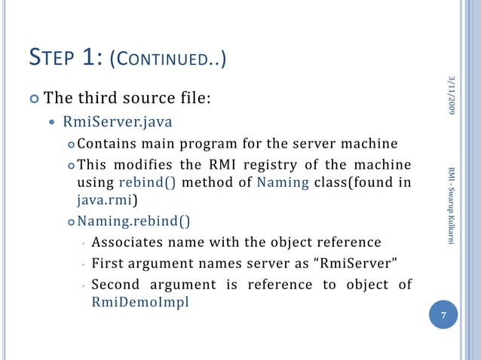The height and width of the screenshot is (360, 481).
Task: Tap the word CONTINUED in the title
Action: (173, 58)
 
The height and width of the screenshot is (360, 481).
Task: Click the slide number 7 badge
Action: (444, 316)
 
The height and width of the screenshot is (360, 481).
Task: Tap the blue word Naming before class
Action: (279, 183)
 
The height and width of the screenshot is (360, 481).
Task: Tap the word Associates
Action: (128, 243)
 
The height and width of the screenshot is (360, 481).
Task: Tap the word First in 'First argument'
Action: (109, 264)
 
